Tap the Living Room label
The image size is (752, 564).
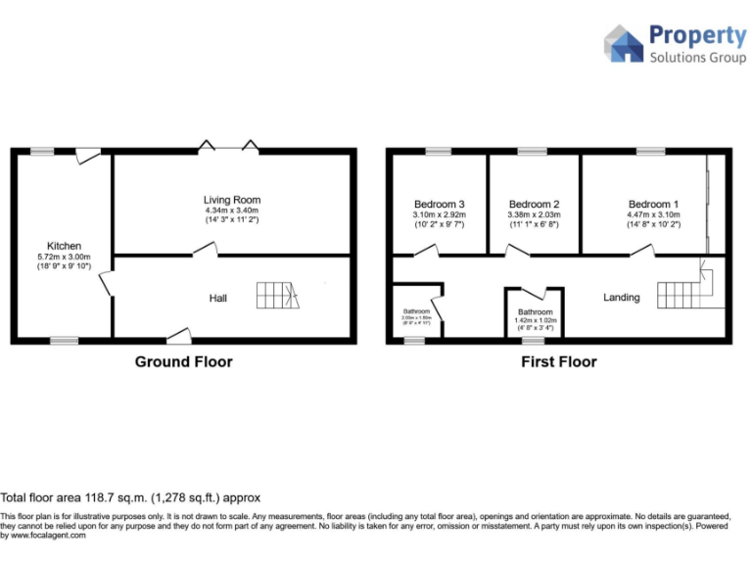click(232, 200)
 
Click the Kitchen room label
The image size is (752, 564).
click(65, 246)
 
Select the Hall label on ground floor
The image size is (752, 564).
click(218, 298)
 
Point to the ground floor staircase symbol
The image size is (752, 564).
click(278, 295)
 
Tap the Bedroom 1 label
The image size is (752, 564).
click(650, 205)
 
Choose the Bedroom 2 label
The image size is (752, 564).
click(534, 205)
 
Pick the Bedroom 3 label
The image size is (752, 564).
click(439, 205)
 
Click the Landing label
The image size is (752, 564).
click(622, 298)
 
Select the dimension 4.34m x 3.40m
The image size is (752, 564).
click(232, 211)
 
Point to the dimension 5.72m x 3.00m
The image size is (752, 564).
click(65, 257)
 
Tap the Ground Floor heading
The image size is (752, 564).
click(183, 362)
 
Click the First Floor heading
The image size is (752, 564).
click(558, 362)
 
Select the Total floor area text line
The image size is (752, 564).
click(130, 497)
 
